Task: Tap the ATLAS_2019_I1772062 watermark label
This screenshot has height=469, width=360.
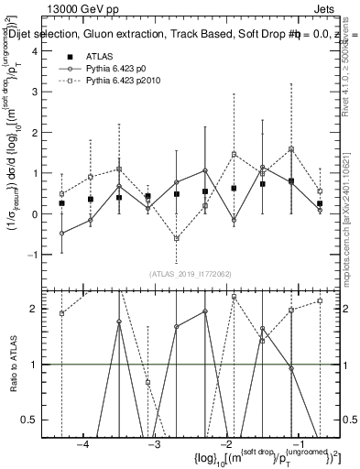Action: [191, 273]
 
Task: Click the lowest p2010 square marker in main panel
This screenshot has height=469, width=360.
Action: [176, 237]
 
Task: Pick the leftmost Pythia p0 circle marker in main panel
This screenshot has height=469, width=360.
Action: [61, 234]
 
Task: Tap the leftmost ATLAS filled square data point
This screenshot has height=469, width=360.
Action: [61, 203]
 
